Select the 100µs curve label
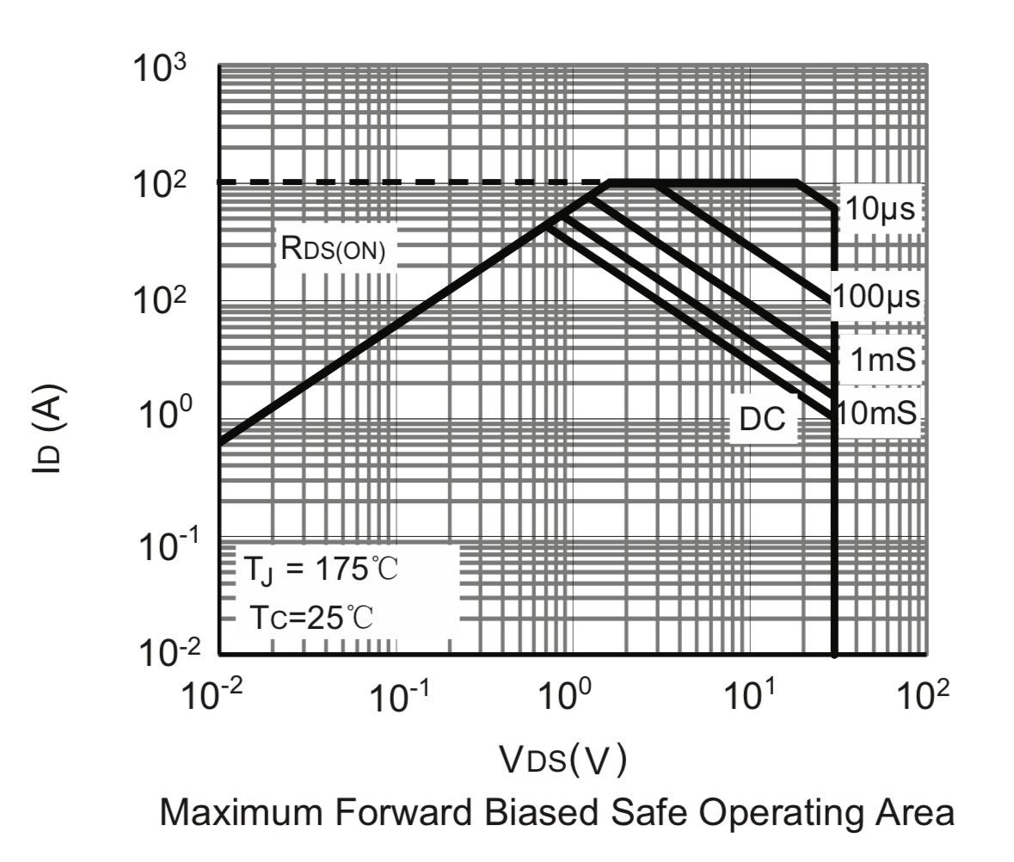click(x=876, y=298)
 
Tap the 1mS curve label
click(x=882, y=360)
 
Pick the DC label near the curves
click(x=762, y=419)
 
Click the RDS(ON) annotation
click(x=333, y=249)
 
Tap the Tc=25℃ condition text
click(x=312, y=617)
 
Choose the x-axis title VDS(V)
click(x=563, y=758)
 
